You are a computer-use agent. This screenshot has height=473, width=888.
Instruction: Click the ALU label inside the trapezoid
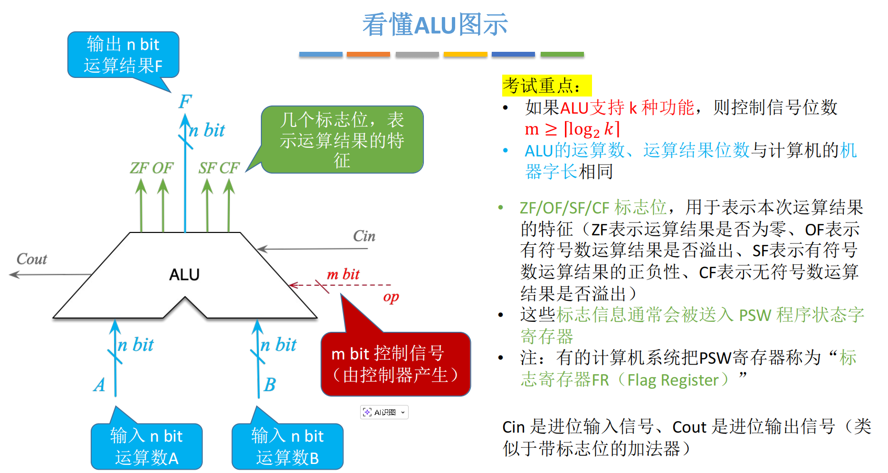click(184, 275)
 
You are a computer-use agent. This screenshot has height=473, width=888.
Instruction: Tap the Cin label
click(364, 236)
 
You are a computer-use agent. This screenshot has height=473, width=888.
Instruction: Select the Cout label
click(32, 259)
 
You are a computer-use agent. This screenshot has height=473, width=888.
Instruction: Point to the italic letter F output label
click(185, 101)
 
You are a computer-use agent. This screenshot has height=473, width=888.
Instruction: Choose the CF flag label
click(229, 168)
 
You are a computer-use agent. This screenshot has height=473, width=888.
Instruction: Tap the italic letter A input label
click(99, 385)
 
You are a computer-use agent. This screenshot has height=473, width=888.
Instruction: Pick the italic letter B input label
click(269, 384)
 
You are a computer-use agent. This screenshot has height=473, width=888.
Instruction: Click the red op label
click(391, 297)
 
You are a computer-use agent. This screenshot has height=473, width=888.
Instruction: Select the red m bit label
click(343, 274)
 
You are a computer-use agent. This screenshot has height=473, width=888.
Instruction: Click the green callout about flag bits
click(342, 140)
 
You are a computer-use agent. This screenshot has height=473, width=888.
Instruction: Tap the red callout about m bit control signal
click(395, 364)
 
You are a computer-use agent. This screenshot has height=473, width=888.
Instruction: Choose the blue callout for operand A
click(146, 446)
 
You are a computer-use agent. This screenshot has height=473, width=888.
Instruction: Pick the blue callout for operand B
click(287, 446)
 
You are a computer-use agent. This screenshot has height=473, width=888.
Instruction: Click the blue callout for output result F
click(123, 55)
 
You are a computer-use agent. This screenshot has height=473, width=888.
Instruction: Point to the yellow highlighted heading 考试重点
click(546, 86)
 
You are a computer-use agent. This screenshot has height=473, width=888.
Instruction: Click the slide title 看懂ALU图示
click(435, 25)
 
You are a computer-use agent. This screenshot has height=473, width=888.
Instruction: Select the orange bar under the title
click(368, 55)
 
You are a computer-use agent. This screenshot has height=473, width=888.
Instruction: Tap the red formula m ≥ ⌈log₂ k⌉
click(572, 129)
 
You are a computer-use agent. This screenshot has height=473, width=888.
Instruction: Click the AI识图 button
click(384, 412)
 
